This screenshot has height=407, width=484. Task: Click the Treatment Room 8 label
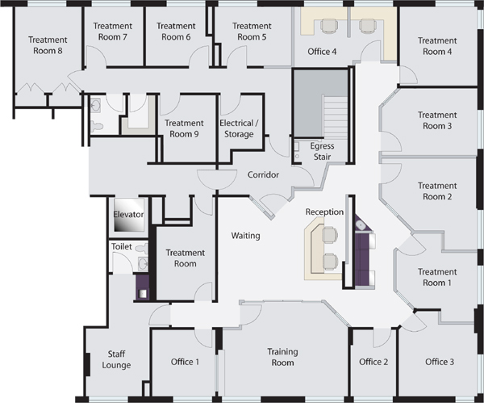[48, 45]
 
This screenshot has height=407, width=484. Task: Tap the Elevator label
[128, 214]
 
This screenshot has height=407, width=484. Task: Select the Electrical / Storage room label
[239, 128]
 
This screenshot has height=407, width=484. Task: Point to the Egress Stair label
[322, 152]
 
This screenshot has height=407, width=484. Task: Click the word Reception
[324, 212]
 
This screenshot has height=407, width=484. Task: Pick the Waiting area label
[246, 236]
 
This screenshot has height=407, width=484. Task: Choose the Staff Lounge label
[116, 359]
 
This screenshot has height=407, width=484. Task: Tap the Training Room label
[283, 357]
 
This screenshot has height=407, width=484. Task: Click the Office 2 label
[373, 362]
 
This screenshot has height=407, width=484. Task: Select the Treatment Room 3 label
[437, 120]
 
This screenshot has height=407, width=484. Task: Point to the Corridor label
[263, 175]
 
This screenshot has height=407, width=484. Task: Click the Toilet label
[122, 246]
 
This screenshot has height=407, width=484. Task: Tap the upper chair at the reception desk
[330, 234]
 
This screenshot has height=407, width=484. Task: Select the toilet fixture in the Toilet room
[142, 248]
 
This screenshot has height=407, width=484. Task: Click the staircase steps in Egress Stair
[336, 115]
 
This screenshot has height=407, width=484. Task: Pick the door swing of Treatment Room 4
[408, 75]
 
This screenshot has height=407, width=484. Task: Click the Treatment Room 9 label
[184, 128]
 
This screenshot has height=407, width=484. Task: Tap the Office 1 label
[186, 362]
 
